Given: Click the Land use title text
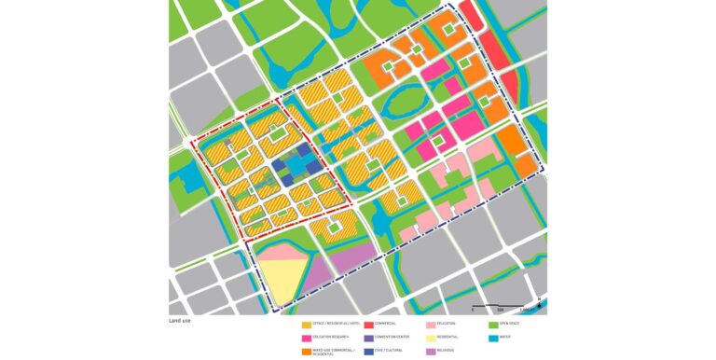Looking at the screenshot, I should click(179, 320).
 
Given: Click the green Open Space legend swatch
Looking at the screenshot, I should click(493, 324).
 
